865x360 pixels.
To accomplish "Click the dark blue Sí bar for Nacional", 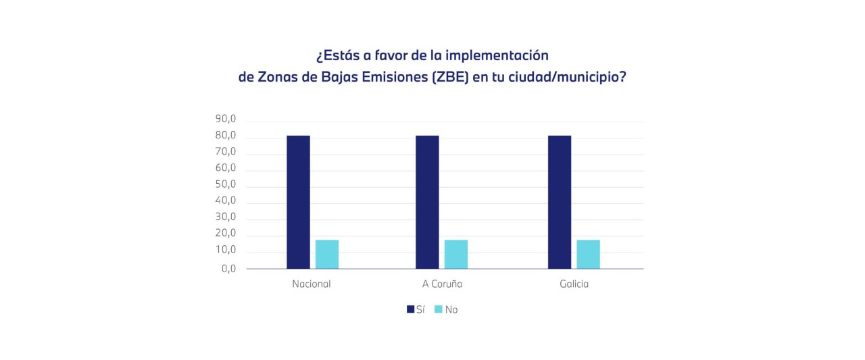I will [x=298, y=202].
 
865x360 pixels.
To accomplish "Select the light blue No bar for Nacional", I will [x=327, y=254].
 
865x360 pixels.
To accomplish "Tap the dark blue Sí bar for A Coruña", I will [x=427, y=202].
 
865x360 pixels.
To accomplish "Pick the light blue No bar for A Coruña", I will [x=456, y=254].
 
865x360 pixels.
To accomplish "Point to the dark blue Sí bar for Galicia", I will [x=560, y=202].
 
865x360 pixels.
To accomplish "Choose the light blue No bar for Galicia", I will [x=588, y=254].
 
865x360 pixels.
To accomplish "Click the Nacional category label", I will [x=312, y=284].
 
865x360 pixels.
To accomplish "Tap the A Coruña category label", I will [x=441, y=284].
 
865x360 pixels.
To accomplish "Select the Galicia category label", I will [x=574, y=284].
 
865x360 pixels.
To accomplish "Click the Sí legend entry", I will [x=416, y=309].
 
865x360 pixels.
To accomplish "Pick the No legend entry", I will [x=446, y=309].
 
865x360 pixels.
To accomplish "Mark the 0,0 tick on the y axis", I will [x=228, y=267].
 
